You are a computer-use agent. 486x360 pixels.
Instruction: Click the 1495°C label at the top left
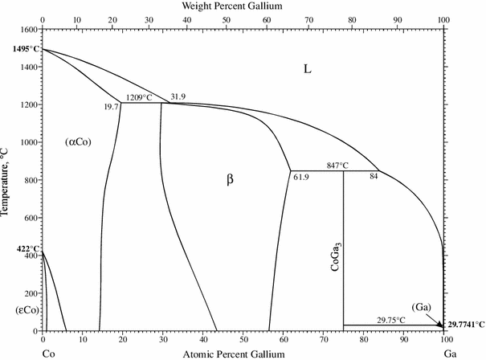(20, 50)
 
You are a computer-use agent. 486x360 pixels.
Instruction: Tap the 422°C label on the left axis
(18, 249)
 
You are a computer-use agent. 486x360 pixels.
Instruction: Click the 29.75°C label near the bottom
(392, 319)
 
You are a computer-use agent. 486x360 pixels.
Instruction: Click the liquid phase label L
(307, 69)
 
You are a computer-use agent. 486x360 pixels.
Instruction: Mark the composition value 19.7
(111, 106)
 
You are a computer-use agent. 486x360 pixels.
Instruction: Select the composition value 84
(374, 175)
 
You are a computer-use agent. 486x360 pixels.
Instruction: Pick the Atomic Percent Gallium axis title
(243, 353)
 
